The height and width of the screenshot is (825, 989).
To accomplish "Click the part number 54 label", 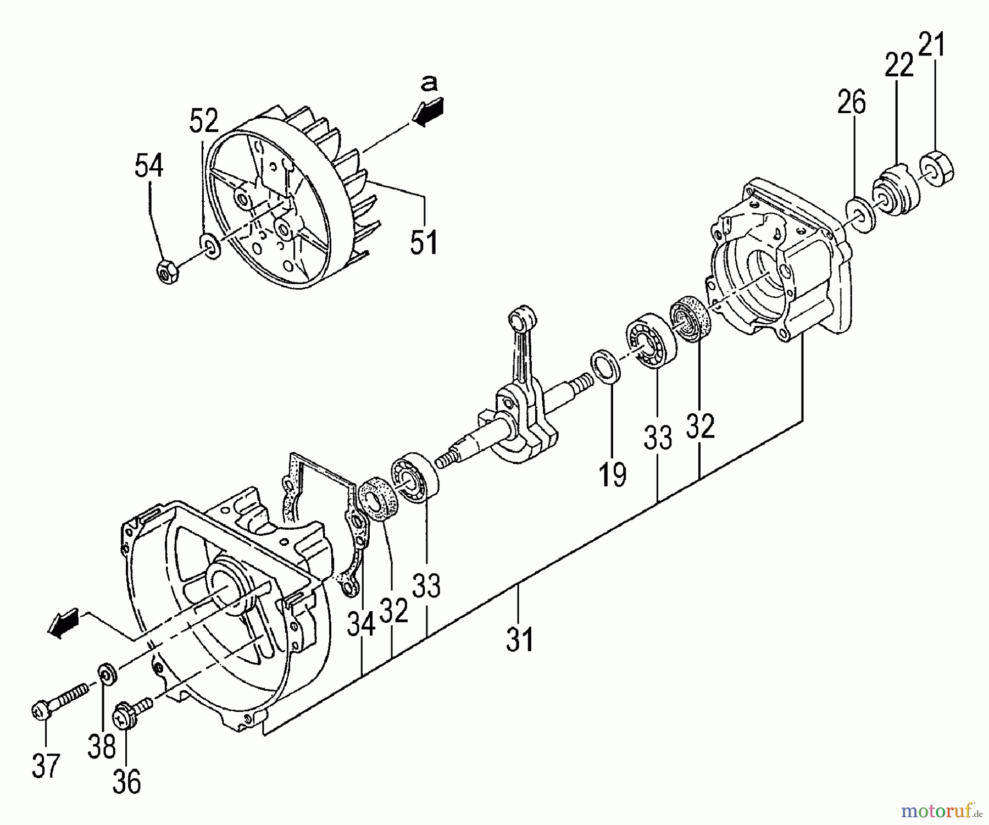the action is [x=149, y=165].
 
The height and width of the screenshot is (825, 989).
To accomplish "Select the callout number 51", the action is [x=425, y=242].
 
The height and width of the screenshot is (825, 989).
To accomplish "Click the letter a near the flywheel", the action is [x=429, y=82].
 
